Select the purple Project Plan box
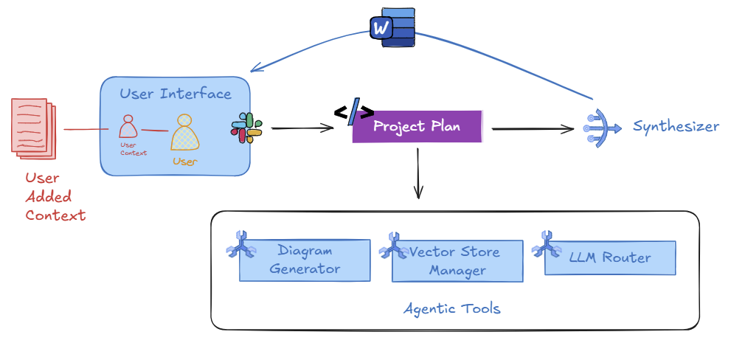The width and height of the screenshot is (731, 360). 417,126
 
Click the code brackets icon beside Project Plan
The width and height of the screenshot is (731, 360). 353,113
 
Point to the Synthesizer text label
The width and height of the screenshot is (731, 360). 676,126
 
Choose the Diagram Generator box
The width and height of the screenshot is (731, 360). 305,260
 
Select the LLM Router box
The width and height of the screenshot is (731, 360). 609,257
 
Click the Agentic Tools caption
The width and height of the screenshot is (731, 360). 451,308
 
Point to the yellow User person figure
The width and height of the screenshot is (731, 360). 185,134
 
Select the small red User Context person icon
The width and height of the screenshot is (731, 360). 128,126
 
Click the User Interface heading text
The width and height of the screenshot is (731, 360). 176,94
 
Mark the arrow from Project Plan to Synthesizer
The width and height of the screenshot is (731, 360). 533,129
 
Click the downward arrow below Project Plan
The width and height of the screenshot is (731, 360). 418,173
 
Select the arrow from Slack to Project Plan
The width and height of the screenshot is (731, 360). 302,128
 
